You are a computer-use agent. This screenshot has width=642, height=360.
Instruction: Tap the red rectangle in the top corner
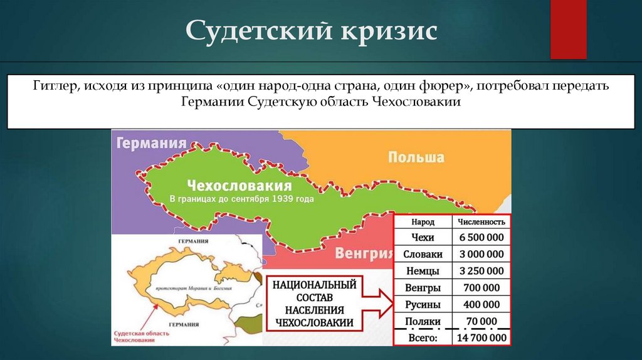(x=567, y=29)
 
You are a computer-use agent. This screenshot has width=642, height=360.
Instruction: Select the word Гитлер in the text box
(x=55, y=85)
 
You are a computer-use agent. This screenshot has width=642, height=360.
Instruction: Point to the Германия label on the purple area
(x=151, y=143)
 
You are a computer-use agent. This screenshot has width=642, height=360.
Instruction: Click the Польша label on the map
(x=416, y=157)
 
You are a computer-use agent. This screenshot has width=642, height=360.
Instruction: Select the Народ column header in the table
(x=423, y=222)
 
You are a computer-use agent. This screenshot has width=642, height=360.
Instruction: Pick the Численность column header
(x=481, y=222)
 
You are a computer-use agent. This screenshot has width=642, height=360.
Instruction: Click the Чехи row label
(x=423, y=238)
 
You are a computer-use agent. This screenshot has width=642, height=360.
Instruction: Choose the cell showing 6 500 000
(x=481, y=238)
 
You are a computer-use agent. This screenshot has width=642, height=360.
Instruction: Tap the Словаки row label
(x=423, y=254)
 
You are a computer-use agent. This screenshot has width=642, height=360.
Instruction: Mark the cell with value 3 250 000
(x=481, y=271)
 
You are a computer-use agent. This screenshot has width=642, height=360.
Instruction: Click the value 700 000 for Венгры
(x=481, y=288)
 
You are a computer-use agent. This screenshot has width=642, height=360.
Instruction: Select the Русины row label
(x=423, y=304)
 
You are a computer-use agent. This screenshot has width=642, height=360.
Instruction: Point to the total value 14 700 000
(x=481, y=337)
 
